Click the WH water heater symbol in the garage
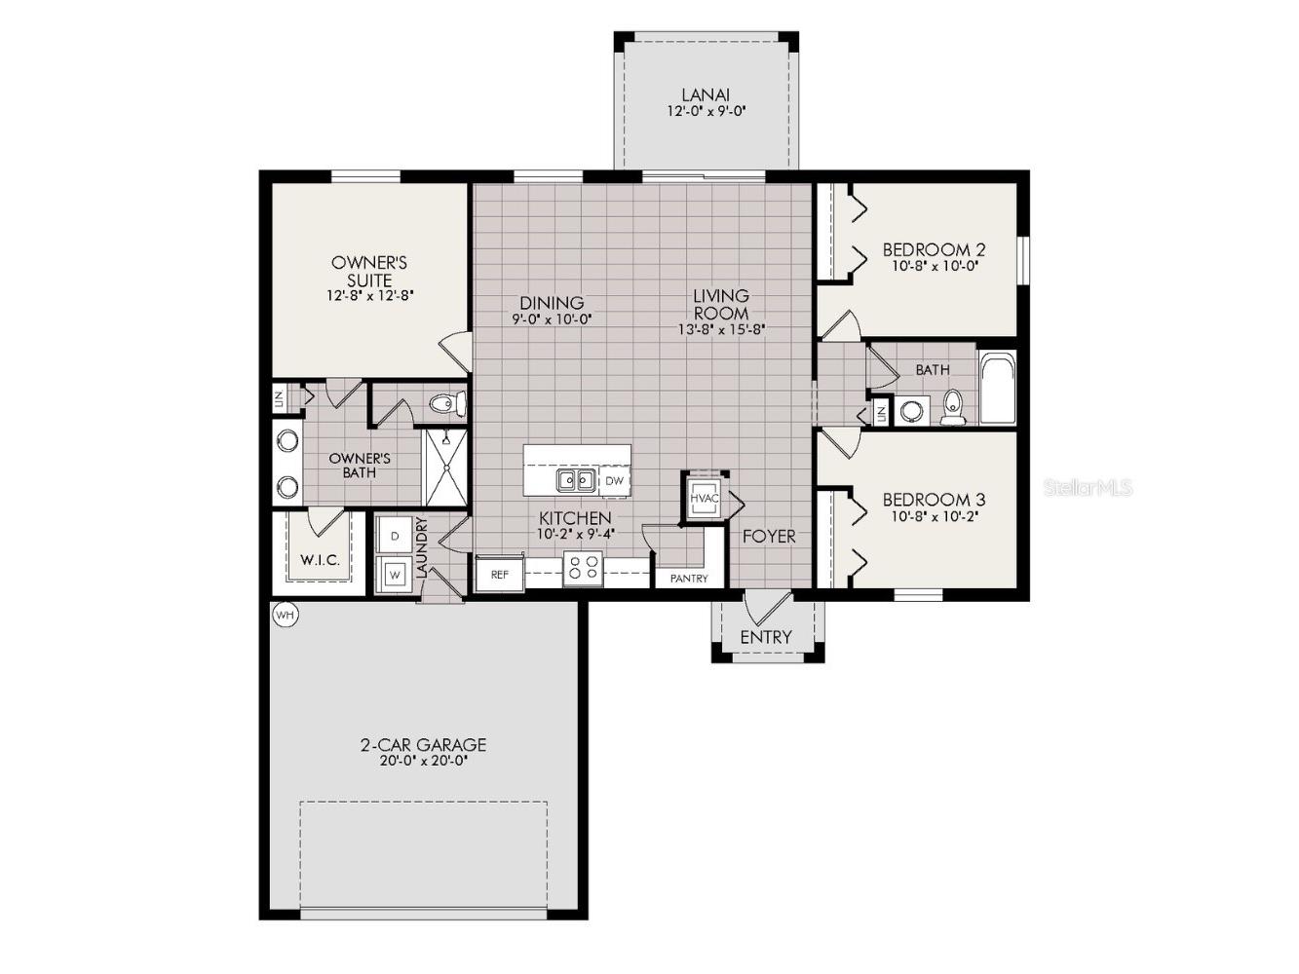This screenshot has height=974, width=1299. click(x=285, y=616)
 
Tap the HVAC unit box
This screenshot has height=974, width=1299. click(x=704, y=498)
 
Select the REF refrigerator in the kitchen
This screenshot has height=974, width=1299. click(x=499, y=574)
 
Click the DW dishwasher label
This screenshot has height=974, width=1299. click(x=614, y=480)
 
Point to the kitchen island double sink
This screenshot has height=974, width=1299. click(x=576, y=480)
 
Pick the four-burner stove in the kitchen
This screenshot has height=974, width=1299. click(x=583, y=569)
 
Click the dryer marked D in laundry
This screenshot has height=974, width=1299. click(x=395, y=536)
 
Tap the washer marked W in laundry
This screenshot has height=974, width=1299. click(x=395, y=574)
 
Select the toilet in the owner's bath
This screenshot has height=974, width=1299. click(x=448, y=402)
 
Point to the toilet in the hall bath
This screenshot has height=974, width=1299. click(x=952, y=408)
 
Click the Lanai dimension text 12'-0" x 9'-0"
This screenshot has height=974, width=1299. click(x=707, y=112)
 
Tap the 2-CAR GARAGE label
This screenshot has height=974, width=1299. click(x=423, y=745)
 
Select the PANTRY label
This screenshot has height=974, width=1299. click(x=689, y=579)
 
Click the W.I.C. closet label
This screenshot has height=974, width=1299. click(x=320, y=560)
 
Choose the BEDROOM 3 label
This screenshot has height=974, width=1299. click(x=927, y=500)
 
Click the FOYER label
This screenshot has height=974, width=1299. click(x=769, y=536)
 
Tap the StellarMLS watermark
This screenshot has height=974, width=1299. click(x=1088, y=487)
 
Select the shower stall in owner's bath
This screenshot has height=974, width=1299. click(x=445, y=467)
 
